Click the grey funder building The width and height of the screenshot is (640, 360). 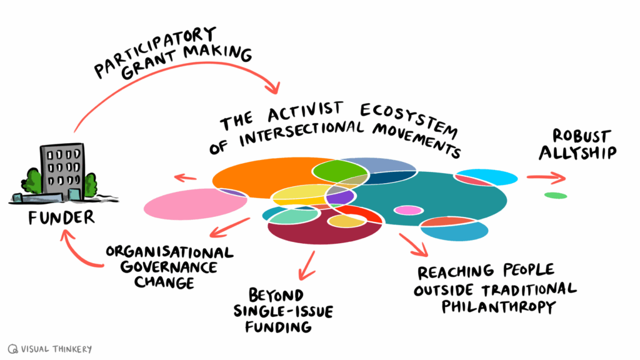pyautogui.click(x=61, y=169)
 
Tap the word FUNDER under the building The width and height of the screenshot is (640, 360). pyautogui.click(x=62, y=217)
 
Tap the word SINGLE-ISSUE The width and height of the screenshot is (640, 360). pyautogui.click(x=274, y=311)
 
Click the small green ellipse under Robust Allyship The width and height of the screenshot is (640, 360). pyautogui.click(x=555, y=196)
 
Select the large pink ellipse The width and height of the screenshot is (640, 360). pyautogui.click(x=187, y=205)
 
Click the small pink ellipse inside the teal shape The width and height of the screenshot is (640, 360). pyautogui.click(x=408, y=210)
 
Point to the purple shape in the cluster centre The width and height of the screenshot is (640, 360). pyautogui.click(x=341, y=197)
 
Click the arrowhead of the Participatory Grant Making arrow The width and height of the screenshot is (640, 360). pyautogui.click(x=273, y=86)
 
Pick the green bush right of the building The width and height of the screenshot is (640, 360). pyautogui.click(x=91, y=184)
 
